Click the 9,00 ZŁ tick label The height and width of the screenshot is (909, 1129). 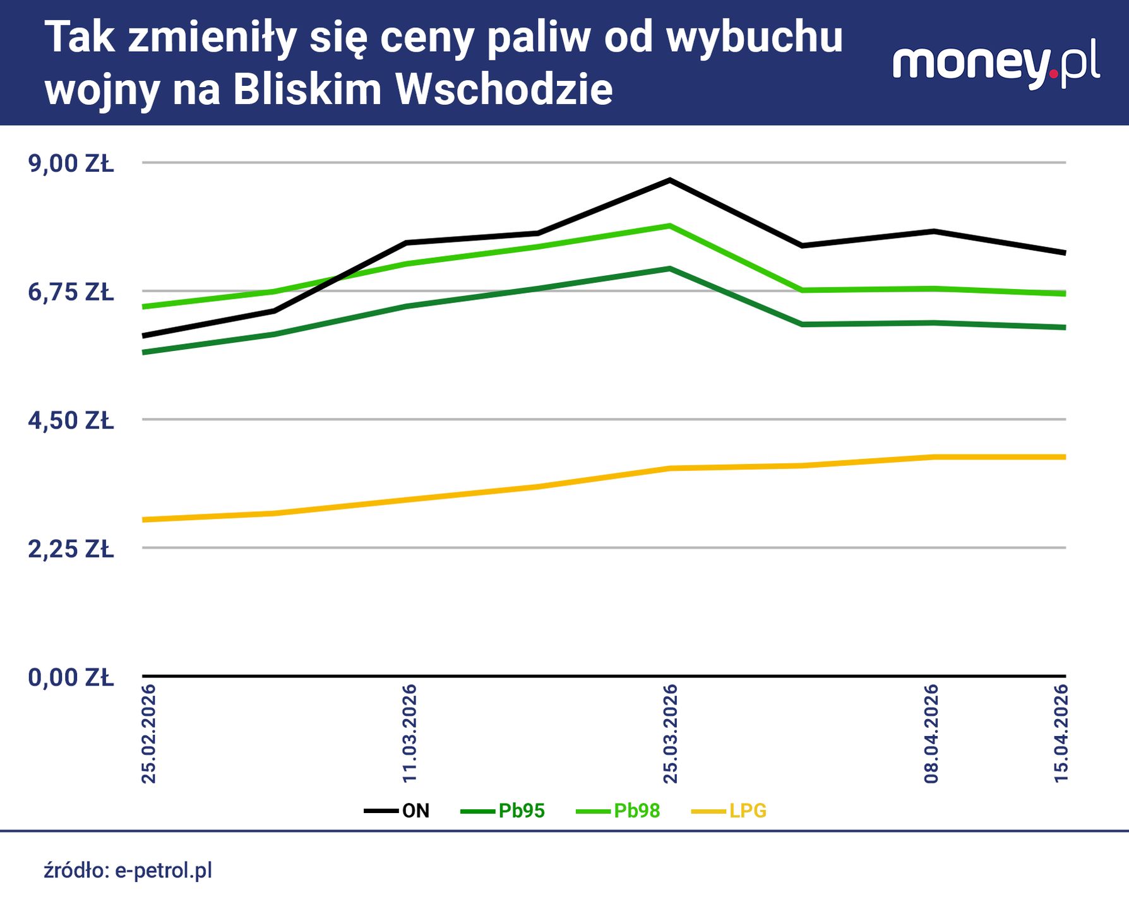[71, 163]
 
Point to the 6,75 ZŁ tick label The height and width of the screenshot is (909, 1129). [71, 292]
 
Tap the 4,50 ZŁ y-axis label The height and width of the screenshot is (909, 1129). [71, 420]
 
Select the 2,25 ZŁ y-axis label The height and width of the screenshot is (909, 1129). [71, 549]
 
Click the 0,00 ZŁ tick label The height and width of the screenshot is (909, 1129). [71, 677]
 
